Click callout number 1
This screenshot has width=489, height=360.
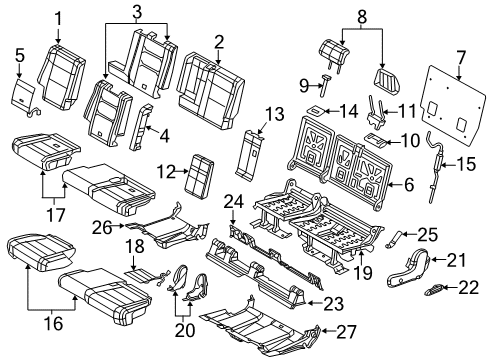57,16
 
